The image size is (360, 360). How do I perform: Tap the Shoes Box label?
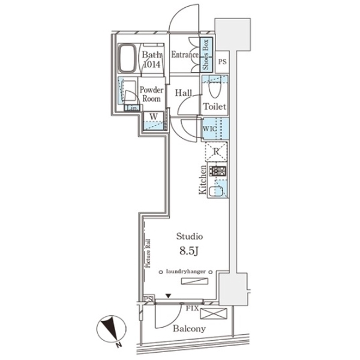click(x=205, y=56)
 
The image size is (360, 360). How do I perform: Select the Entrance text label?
click(x=185, y=55)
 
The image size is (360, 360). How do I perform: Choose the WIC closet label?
click(x=209, y=128)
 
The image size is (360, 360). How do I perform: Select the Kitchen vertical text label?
click(x=203, y=181)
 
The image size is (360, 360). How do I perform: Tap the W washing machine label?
click(x=154, y=116)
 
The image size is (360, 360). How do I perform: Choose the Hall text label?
click(x=183, y=94)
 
